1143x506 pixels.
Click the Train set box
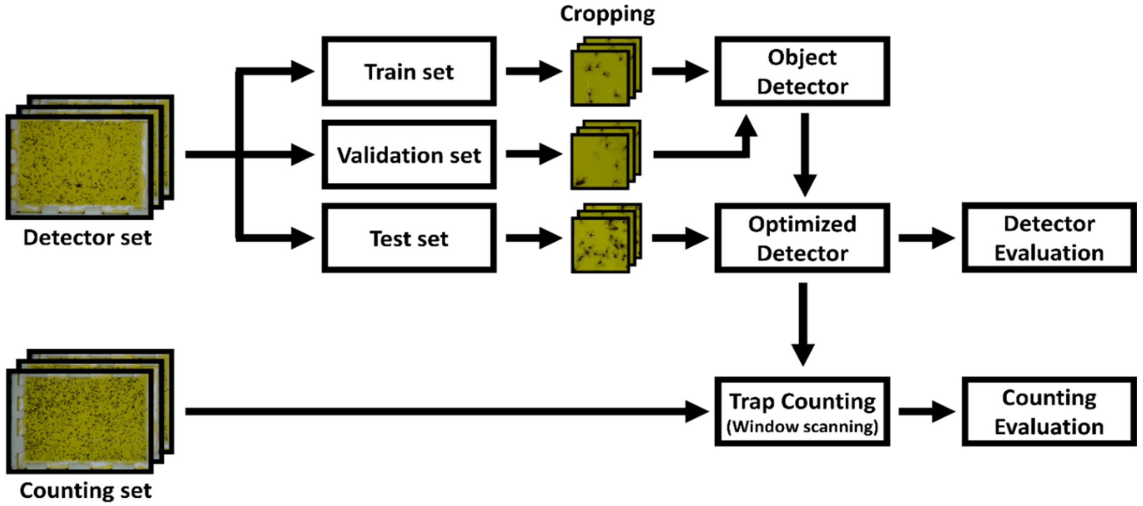point(409,72)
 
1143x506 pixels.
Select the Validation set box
point(409,155)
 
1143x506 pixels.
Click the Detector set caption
point(87,238)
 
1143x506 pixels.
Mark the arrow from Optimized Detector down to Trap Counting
point(803,324)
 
